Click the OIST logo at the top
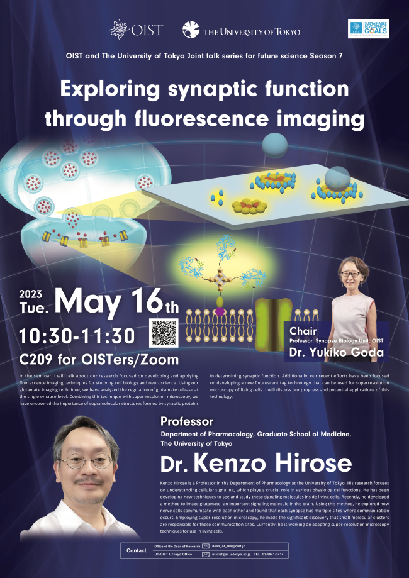(135, 30)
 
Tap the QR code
(162, 333)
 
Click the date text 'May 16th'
(116, 303)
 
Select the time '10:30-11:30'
(77, 335)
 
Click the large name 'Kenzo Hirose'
(272, 464)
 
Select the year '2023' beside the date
(31, 294)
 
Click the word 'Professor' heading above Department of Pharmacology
(187, 421)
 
